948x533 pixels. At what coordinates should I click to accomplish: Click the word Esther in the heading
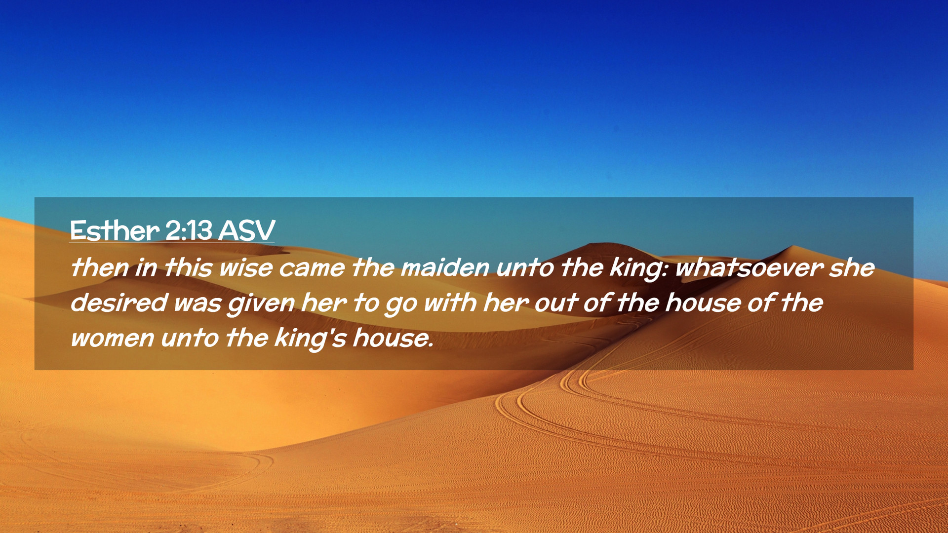[115, 230]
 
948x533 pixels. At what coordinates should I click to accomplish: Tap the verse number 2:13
[189, 230]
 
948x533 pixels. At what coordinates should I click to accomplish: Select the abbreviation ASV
[246, 230]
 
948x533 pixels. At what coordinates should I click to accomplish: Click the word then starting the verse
[99, 267]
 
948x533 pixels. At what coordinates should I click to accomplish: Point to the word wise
[245, 268]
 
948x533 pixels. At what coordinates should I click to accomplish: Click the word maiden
[444, 268]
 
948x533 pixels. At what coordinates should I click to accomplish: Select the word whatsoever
[749, 268]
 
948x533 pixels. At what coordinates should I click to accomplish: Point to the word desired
[119, 303]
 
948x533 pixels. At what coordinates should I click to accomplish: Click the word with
[450, 303]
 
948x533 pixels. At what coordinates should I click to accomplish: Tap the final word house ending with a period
[393, 338]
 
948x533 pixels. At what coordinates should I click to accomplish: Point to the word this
[188, 267]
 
